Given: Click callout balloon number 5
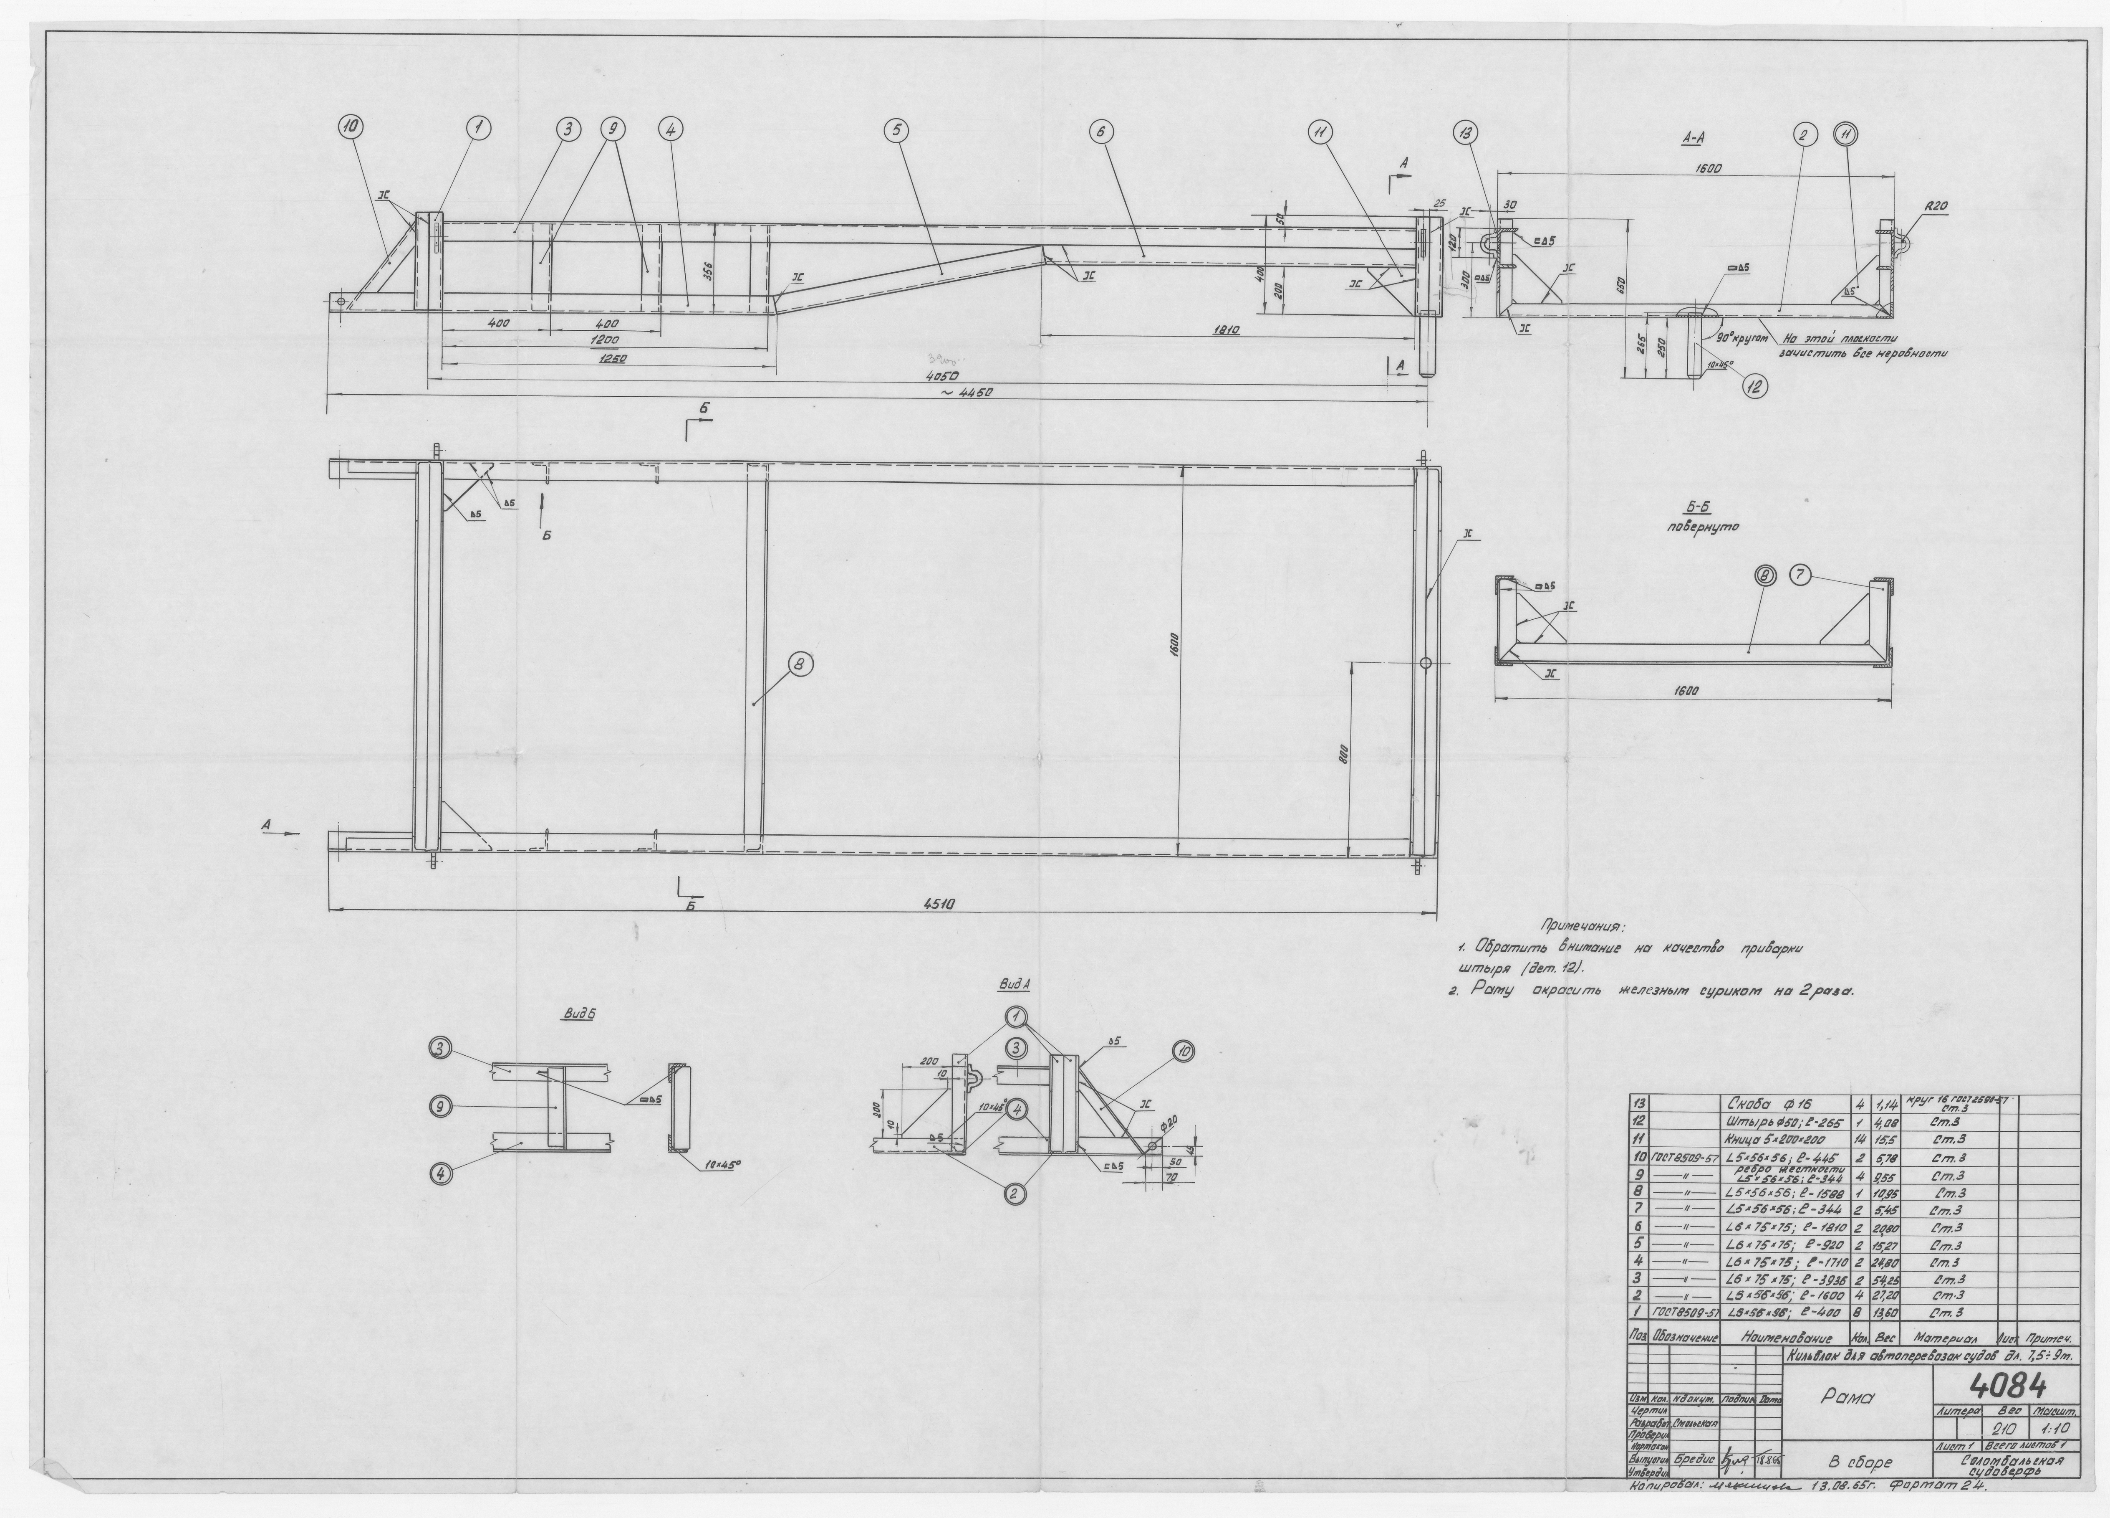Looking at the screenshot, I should pos(897,132).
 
